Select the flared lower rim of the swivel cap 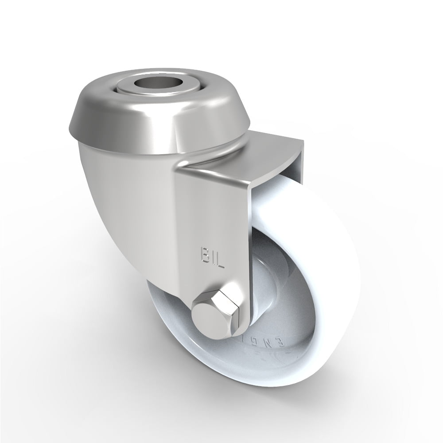[111, 133]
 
